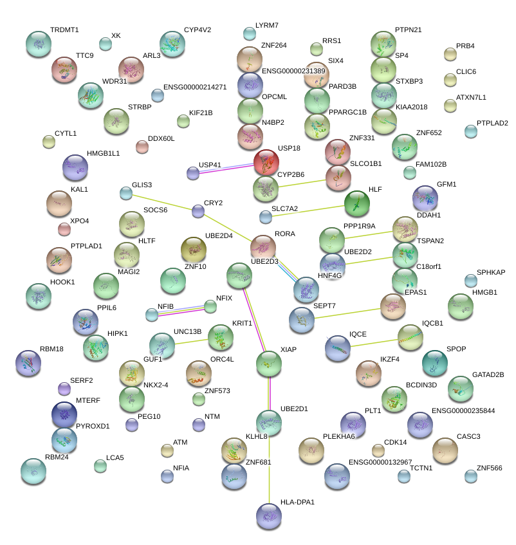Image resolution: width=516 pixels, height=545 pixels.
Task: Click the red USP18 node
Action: click(266, 162)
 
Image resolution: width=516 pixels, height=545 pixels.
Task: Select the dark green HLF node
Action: click(357, 204)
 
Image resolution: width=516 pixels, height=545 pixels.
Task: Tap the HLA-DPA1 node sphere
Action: click(268, 515)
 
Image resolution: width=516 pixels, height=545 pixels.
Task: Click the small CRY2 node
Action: click(198, 210)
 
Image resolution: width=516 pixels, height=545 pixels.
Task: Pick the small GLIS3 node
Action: click(126, 192)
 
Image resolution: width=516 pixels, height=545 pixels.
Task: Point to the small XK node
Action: click(106, 44)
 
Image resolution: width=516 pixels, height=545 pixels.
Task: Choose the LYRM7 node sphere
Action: click(250, 33)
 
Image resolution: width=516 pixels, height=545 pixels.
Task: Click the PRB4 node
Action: click(450, 54)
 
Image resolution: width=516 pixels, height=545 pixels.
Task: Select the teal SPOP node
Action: click(435, 364)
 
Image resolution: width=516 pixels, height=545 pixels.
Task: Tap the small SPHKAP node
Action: click(471, 281)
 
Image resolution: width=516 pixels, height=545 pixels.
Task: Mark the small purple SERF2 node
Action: click(64, 388)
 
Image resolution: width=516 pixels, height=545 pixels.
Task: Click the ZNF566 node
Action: click(471, 476)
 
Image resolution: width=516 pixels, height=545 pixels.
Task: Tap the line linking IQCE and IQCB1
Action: click(374, 342)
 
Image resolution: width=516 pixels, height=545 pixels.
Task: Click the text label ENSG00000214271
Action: click(195, 87)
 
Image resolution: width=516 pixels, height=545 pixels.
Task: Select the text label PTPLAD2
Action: click(492, 124)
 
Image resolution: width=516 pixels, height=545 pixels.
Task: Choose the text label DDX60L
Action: click(161, 138)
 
